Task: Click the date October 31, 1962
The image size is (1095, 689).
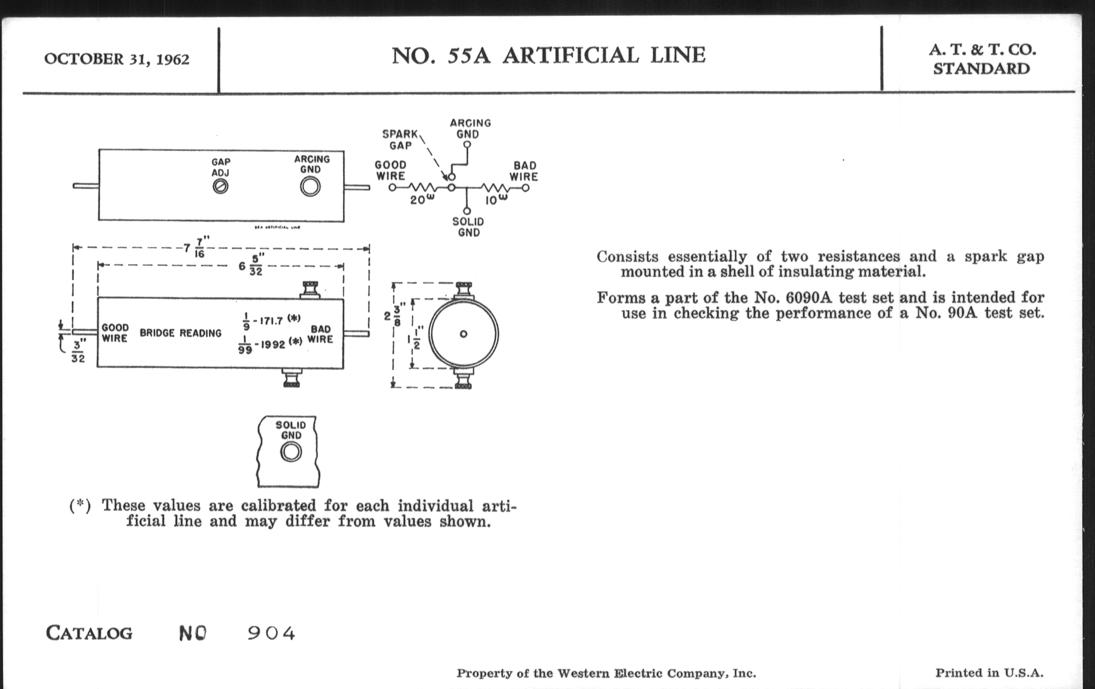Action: coord(117,59)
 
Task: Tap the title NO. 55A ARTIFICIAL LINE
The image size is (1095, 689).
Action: coord(548,55)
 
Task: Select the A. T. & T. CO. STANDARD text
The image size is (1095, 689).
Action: coord(982,59)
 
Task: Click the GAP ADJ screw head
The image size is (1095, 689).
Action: coord(221,186)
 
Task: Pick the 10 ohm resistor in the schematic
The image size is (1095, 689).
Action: coord(495,187)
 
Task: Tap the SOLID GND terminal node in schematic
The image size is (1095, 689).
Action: coord(467,211)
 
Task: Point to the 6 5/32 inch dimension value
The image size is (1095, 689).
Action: coord(250,265)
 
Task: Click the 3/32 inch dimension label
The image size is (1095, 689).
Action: coord(78,352)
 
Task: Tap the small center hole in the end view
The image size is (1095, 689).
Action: coord(463,334)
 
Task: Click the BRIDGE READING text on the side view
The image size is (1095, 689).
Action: coord(181,333)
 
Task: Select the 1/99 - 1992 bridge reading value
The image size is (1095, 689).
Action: coord(269,344)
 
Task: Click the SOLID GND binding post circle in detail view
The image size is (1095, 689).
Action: coord(291,453)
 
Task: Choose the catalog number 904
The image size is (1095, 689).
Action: coord(271,633)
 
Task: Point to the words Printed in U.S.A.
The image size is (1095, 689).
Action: coord(989,673)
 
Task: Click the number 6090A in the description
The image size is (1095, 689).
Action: coord(808,298)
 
